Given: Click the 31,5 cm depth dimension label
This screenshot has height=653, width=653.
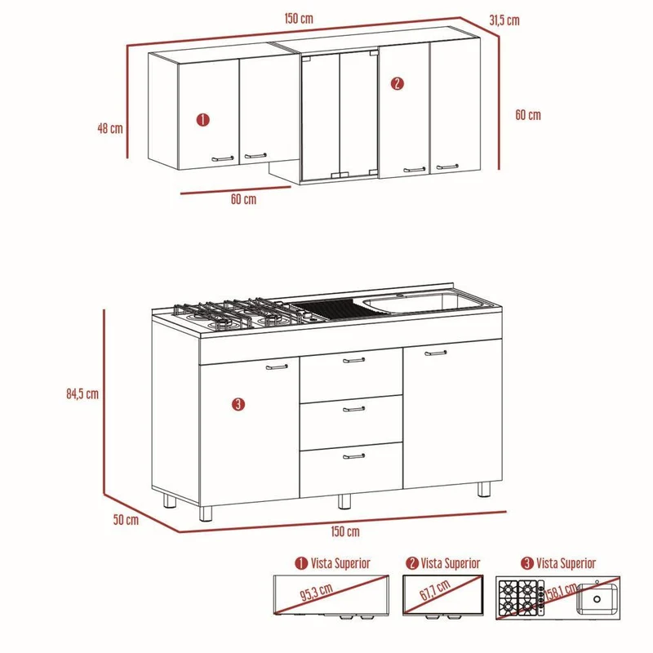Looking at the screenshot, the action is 504,20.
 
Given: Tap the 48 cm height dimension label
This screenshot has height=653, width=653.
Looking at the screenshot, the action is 110,128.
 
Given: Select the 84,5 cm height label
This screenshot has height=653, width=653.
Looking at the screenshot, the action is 82,393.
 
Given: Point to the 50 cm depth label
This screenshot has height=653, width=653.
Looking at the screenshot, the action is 126,520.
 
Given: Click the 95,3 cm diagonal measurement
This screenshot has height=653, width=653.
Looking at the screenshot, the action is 317,592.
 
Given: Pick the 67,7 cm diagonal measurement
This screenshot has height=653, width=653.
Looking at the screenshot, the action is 435,589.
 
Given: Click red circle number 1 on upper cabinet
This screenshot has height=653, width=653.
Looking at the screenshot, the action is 202,120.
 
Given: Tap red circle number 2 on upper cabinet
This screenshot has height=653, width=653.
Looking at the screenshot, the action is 398,84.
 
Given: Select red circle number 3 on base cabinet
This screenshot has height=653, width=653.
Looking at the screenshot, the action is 238,404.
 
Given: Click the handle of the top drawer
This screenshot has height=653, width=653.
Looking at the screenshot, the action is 354,360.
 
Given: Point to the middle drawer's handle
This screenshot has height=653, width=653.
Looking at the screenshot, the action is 354,409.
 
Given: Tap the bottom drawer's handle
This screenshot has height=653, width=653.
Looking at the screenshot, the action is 354,456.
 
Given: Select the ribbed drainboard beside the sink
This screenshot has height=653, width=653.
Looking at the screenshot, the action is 329,309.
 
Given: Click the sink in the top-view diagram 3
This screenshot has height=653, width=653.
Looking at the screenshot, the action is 597,599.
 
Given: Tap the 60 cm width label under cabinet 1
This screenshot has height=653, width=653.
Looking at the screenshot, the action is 243,199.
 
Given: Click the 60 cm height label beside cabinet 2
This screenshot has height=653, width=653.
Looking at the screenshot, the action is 528,115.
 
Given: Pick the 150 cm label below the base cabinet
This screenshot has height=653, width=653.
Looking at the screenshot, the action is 345,531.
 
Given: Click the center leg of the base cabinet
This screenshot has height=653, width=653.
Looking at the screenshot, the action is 344,501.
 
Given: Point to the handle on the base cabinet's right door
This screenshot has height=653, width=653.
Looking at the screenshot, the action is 436,353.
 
